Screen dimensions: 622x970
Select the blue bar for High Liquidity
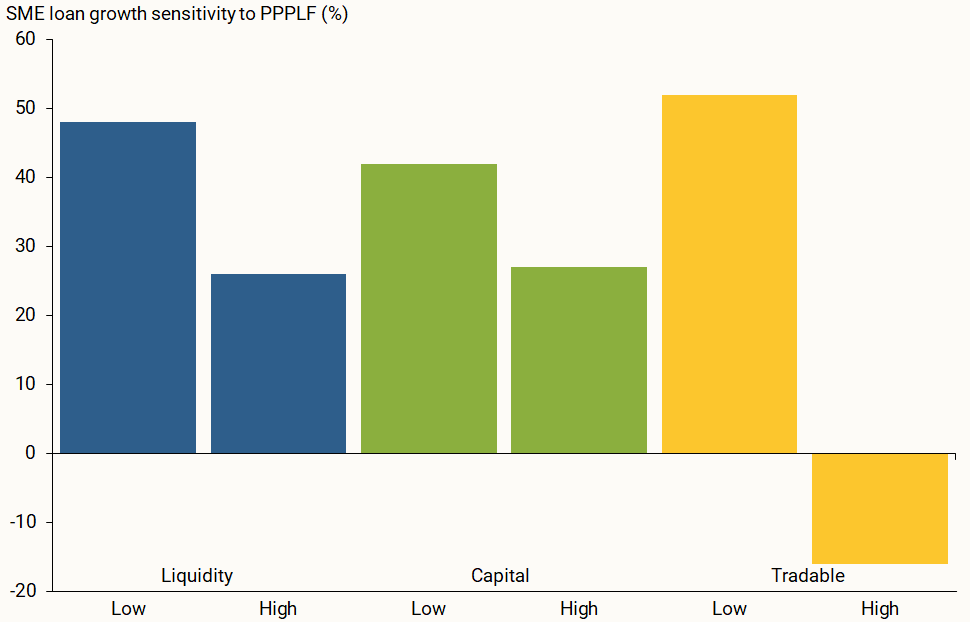point(278,363)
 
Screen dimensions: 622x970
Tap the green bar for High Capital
point(578,359)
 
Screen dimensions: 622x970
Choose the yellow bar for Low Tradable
point(729,273)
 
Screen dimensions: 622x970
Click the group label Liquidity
point(197,575)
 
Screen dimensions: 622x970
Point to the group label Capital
point(500,575)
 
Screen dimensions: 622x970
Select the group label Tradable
point(808,575)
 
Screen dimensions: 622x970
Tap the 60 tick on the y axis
point(24,40)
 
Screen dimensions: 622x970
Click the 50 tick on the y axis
point(24,109)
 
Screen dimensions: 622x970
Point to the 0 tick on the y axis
point(29,453)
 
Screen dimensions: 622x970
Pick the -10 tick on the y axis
point(21,522)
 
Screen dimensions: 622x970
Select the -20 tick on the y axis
point(21,591)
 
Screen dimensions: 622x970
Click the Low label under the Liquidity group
point(128,608)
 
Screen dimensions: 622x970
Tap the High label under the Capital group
point(578,608)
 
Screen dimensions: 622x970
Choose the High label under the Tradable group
point(879,608)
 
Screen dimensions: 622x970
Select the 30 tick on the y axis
point(24,246)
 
